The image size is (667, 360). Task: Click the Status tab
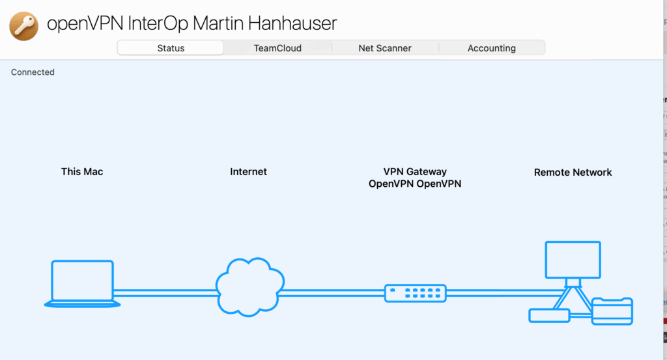[171, 48]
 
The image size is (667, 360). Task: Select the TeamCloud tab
[277, 48]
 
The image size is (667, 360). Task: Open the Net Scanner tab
[385, 48]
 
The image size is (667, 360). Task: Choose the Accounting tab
[491, 48]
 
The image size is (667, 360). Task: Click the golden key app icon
[24, 25]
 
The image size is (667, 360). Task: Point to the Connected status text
[33, 72]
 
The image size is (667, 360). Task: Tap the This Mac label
[82, 172]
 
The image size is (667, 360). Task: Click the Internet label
[248, 172]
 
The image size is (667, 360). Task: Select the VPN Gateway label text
[415, 172]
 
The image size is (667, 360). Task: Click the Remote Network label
[573, 173]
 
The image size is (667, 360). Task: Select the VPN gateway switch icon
[416, 293]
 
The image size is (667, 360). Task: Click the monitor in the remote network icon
[573, 259]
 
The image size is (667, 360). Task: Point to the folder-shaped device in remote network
[612, 311]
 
